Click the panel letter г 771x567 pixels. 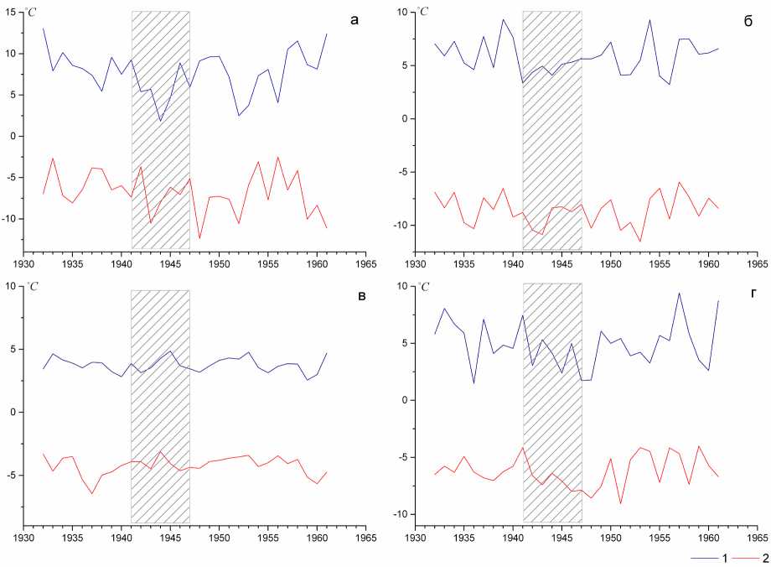(x=747, y=295)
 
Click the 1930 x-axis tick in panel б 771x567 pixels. (x=416, y=260)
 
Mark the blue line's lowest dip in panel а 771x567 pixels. (x=160, y=121)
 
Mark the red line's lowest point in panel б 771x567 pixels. (x=640, y=242)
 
